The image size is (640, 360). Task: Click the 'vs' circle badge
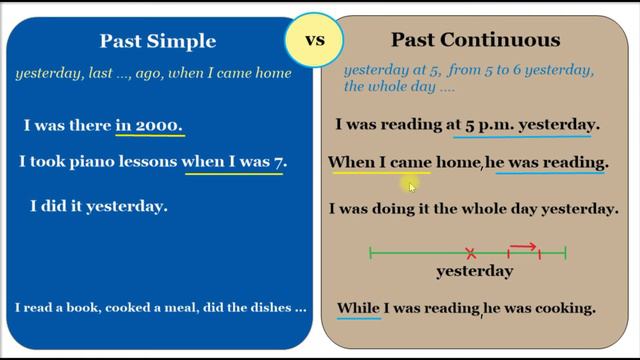point(315,41)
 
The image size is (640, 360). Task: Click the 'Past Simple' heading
point(158,41)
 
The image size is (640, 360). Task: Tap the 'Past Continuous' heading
point(475,41)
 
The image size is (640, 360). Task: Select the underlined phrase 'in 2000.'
point(149,126)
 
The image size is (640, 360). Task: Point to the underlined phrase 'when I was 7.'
point(233,161)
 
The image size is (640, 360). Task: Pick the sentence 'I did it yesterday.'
point(98,207)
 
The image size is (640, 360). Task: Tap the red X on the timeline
point(471,254)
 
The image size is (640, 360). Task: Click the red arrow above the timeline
point(523,245)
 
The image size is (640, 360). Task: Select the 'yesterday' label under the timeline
point(475,271)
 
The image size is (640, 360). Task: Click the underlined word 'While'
point(358,308)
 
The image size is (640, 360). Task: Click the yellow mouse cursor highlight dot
point(410,184)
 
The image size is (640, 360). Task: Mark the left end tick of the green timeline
point(371,254)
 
